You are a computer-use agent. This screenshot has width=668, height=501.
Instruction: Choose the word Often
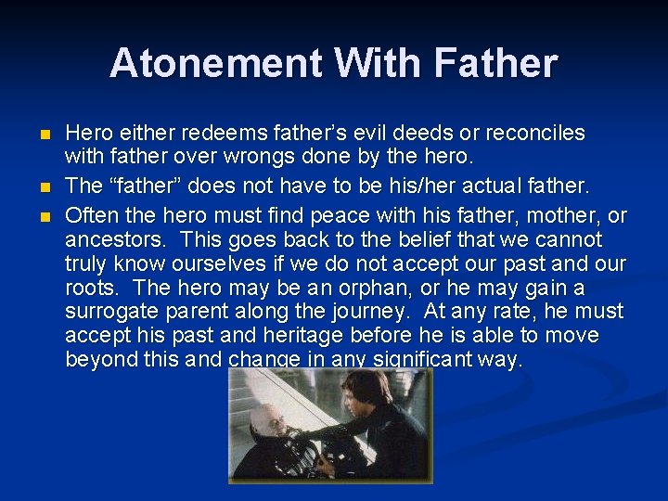click(92, 215)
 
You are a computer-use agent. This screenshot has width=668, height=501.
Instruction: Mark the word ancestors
click(109, 239)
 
